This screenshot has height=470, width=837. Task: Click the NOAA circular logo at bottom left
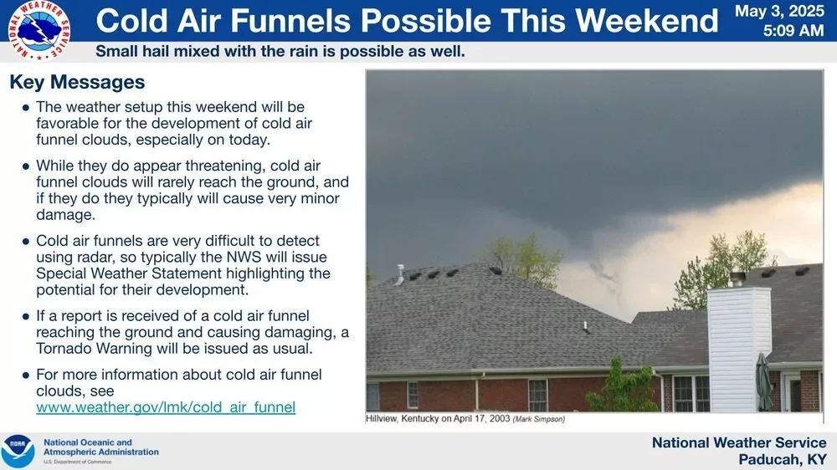pos(18,451)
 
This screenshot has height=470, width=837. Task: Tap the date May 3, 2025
pos(780,12)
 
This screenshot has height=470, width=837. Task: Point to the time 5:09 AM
pos(793,31)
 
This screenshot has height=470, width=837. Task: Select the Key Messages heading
pos(77,83)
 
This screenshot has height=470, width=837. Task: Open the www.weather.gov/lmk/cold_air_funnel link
pos(165,407)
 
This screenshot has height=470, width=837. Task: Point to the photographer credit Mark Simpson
pos(538,419)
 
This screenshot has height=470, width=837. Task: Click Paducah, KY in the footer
pos(782,459)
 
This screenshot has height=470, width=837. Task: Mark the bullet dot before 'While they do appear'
pos(26,167)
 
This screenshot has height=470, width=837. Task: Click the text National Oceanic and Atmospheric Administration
pos(100,447)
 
